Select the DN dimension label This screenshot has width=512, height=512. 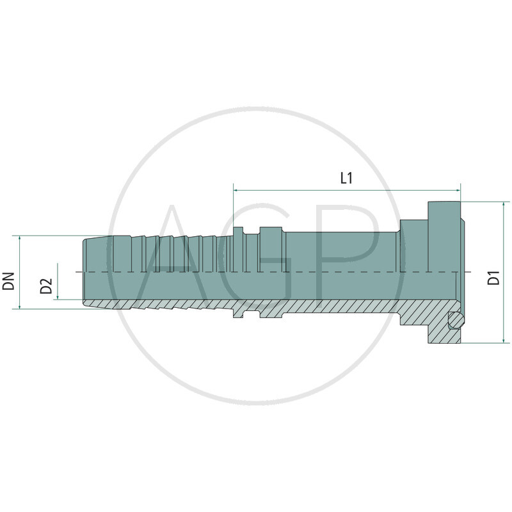coord(9,280)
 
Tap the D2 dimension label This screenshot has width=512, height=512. coord(46,287)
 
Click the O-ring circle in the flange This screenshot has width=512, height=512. coord(456,321)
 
